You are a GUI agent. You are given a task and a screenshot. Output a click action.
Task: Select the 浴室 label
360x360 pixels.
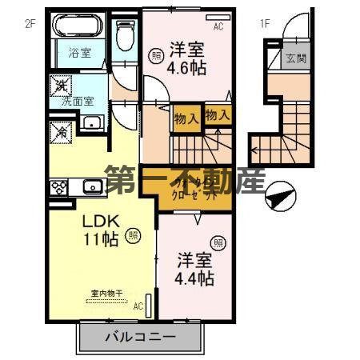click(x=78, y=54)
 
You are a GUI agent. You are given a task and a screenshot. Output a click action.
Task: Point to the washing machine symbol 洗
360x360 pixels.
click(x=62, y=83)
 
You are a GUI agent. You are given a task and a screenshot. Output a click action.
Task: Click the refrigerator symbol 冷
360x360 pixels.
click(x=61, y=130)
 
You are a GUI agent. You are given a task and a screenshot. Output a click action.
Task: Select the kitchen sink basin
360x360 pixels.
click(x=92, y=187)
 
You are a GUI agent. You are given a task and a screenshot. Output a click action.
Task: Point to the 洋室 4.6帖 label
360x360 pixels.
click(x=186, y=58)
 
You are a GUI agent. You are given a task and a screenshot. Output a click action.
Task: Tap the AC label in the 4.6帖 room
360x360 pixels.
click(x=218, y=26)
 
